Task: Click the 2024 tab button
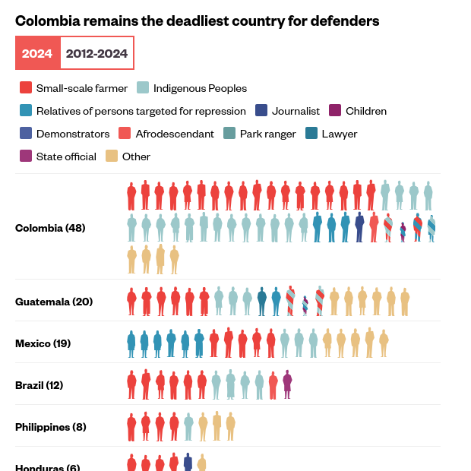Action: click(x=37, y=53)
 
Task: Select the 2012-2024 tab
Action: click(x=96, y=53)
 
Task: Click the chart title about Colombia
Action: click(x=198, y=21)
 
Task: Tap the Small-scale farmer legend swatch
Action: click(x=26, y=88)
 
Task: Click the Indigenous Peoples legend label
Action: click(x=200, y=88)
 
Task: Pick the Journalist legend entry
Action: click(x=289, y=111)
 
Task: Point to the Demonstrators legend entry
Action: click(x=65, y=134)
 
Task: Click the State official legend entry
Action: click(x=58, y=156)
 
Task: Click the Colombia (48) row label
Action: click(x=50, y=228)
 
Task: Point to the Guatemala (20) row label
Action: click(x=54, y=302)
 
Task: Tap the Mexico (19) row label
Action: click(x=43, y=343)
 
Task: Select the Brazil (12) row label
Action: click(x=39, y=385)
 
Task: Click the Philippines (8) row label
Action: click(x=51, y=427)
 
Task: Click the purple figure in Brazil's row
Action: click(x=287, y=384)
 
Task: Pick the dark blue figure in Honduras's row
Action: click(x=188, y=463)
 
